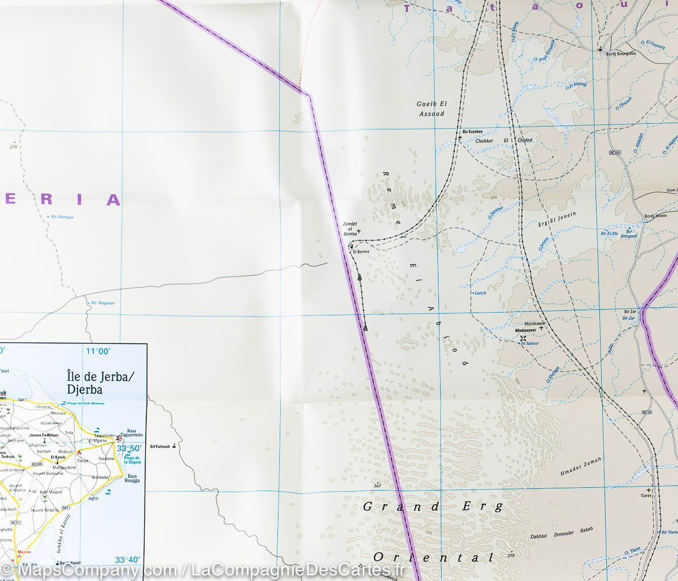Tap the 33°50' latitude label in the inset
(x=129, y=448)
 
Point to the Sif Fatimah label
(x=160, y=446)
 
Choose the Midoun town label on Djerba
(x=65, y=452)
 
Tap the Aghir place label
(x=94, y=498)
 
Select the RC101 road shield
(x=615, y=152)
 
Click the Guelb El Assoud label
(x=431, y=109)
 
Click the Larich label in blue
(x=480, y=293)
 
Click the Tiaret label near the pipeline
(x=645, y=496)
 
